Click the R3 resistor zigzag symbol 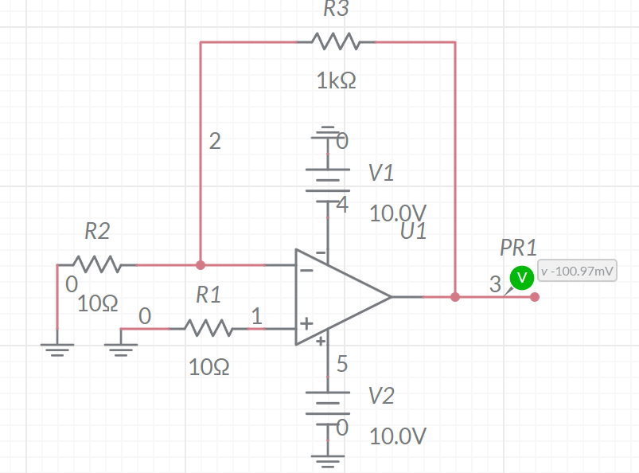[335, 41]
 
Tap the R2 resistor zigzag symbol [96, 264]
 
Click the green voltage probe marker [521, 276]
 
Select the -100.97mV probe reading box [578, 272]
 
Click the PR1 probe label [518, 247]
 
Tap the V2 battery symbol [328, 397]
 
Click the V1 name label [380, 173]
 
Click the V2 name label [382, 396]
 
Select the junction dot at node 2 [201, 264]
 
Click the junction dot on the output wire [455, 297]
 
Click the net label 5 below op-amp [342, 364]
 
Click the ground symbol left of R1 [121, 345]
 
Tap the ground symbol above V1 [326, 133]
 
